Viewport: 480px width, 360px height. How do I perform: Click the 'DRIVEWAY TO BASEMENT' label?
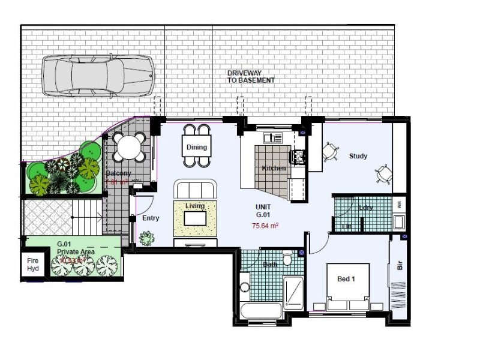[251, 76]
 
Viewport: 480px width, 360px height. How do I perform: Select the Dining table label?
[196, 147]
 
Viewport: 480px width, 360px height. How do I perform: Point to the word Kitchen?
[274, 169]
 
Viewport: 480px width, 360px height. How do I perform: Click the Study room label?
[358, 156]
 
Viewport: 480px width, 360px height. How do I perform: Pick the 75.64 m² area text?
[265, 226]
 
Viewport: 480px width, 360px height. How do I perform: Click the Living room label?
[195, 206]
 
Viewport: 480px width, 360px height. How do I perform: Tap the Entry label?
[151, 218]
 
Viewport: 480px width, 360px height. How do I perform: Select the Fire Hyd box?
[32, 265]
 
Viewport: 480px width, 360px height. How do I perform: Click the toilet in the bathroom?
[287, 259]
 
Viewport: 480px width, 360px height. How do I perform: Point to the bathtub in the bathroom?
[260, 311]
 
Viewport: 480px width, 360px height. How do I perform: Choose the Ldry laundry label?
[365, 208]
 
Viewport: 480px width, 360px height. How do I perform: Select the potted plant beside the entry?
[146, 238]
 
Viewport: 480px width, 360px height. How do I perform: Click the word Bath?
[269, 265]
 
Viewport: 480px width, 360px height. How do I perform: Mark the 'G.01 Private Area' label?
[76, 248]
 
